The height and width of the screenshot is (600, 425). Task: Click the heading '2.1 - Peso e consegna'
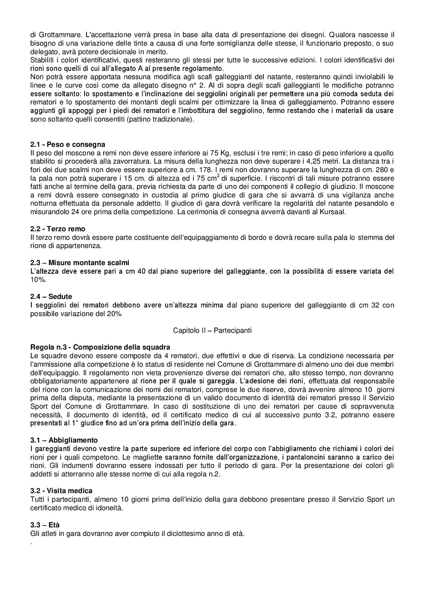click(68, 145)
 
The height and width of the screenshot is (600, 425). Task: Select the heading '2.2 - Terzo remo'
click(58, 229)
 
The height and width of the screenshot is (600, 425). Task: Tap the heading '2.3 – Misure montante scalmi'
click(80, 263)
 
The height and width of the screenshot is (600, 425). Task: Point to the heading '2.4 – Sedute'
click(51, 297)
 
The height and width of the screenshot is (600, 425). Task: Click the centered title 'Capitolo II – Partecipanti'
click(212, 330)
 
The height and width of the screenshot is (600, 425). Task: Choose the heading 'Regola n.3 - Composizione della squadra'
click(100, 347)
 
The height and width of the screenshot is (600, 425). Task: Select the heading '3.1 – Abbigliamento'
click(64, 440)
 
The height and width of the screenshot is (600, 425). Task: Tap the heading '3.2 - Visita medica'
click(61, 491)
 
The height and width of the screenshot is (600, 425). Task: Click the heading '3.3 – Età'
click(45, 525)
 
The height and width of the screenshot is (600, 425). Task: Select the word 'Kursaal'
click(333, 212)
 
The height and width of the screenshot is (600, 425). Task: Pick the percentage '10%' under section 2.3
click(38, 280)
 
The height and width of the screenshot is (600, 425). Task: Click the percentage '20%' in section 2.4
click(114, 314)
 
